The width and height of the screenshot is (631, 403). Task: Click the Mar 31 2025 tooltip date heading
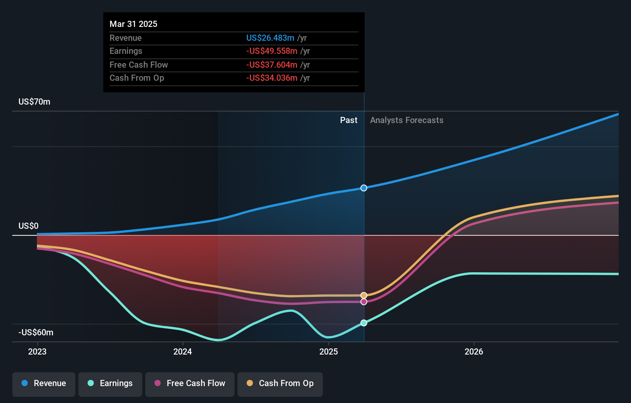tap(133, 24)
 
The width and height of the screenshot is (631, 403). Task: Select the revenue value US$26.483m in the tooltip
tap(270, 38)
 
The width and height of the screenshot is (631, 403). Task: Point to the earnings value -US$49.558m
tap(272, 51)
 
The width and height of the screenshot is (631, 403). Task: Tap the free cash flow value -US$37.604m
tap(272, 65)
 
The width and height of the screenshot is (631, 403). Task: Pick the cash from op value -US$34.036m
tap(272, 78)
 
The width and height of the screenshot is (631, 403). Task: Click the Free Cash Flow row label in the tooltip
tap(138, 65)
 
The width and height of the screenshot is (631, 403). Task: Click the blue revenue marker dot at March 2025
tap(364, 188)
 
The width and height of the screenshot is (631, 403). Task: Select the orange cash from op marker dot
tap(364, 295)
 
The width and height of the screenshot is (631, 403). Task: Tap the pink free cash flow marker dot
tap(364, 302)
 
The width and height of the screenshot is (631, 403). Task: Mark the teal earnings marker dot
tap(364, 323)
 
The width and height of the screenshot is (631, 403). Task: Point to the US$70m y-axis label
tap(34, 102)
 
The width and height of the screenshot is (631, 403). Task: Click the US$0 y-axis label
tap(28, 226)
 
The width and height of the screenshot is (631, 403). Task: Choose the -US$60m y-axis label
tap(36, 332)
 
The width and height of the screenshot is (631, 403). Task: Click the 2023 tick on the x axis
tap(37, 351)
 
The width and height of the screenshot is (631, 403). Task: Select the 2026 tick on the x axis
tap(473, 351)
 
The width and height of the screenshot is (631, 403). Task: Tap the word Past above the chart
tap(349, 120)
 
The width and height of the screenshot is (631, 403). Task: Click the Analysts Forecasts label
tap(407, 120)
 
